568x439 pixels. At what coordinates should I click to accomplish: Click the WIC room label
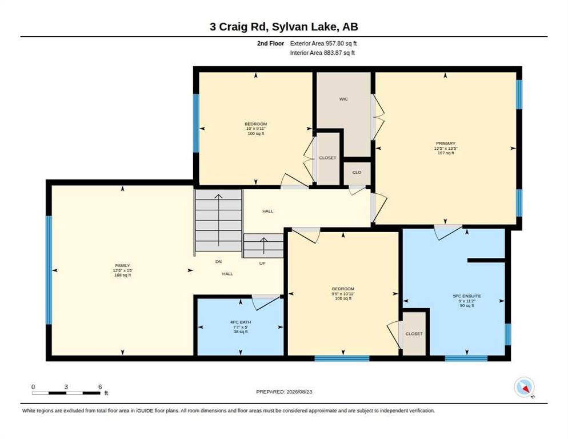pyautogui.click(x=343, y=99)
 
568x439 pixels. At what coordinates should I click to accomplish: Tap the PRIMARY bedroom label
pyautogui.click(x=446, y=143)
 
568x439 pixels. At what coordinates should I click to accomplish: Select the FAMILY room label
pyautogui.click(x=122, y=266)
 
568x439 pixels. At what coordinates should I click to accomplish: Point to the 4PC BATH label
pyautogui.click(x=241, y=322)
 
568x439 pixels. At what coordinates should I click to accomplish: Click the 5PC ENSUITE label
pyautogui.click(x=467, y=296)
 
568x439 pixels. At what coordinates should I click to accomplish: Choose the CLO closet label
pyautogui.click(x=357, y=172)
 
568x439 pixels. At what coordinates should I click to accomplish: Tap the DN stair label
pyautogui.click(x=218, y=262)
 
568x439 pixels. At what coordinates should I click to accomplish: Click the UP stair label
pyautogui.click(x=262, y=263)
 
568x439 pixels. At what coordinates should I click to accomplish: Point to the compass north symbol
pyautogui.click(x=525, y=388)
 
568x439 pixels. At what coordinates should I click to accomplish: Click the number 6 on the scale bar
pyautogui.click(x=100, y=387)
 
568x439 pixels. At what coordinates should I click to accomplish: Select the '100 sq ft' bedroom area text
pyautogui.click(x=256, y=133)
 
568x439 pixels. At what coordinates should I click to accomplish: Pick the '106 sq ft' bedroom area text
pyautogui.click(x=343, y=298)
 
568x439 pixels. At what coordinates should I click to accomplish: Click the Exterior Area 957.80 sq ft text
pyautogui.click(x=323, y=43)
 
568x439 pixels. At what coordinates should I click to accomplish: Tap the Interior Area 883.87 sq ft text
pyautogui.click(x=322, y=53)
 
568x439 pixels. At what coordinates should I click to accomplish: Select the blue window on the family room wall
pyautogui.click(x=49, y=270)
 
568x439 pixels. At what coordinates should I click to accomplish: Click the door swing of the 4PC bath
pyautogui.click(x=266, y=302)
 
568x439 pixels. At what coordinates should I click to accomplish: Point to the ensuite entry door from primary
pyautogui.click(x=448, y=232)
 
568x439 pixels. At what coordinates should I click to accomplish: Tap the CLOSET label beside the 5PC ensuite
pyautogui.click(x=414, y=334)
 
